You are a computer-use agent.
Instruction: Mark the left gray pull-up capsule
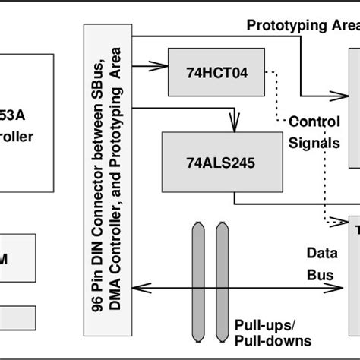(x=199, y=282)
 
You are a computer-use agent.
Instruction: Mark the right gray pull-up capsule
(x=222, y=282)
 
